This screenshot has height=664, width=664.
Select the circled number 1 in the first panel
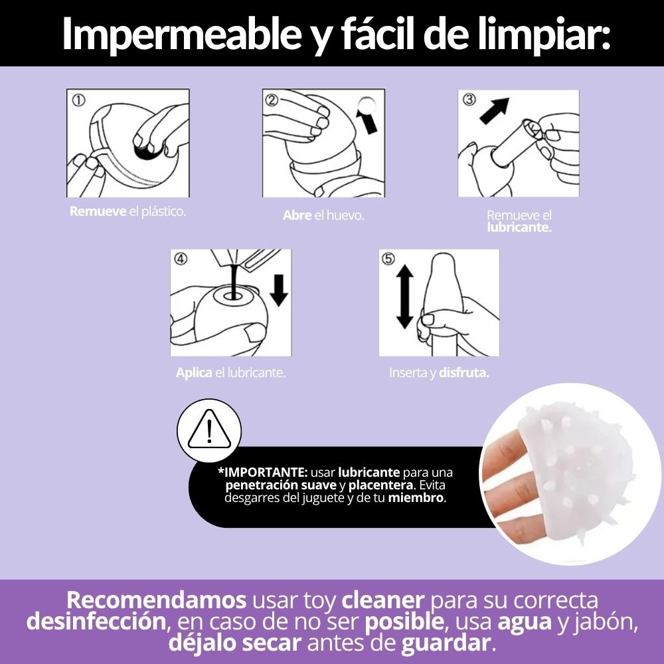pyautogui.click(x=78, y=100)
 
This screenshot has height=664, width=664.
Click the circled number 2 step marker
pyautogui.click(x=272, y=100)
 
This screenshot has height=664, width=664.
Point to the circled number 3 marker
pyautogui.click(x=469, y=100)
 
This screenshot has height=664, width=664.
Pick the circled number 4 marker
pyautogui.click(x=181, y=258)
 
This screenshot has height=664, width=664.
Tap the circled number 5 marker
pyautogui.click(x=388, y=258)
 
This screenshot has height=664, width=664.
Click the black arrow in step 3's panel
pyautogui.click(x=495, y=110)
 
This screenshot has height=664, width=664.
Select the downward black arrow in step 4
pyautogui.click(x=279, y=290)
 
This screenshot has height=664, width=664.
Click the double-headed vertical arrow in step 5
pyautogui.click(x=404, y=296)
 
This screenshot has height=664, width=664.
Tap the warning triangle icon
pyautogui.click(x=209, y=430)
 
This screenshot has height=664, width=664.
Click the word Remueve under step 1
pyautogui.click(x=98, y=211)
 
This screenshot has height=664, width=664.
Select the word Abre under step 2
pyautogui.click(x=297, y=215)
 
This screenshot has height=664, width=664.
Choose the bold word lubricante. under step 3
pyautogui.click(x=519, y=227)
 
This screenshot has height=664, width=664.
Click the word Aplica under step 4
pyautogui.click(x=194, y=373)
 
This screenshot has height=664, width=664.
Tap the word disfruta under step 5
pyautogui.click(x=463, y=373)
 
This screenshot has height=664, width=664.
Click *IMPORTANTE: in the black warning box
pyautogui.click(x=262, y=472)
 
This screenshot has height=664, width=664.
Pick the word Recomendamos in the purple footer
pyautogui.click(x=156, y=600)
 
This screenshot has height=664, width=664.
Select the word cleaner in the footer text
pyautogui.click(x=383, y=600)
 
